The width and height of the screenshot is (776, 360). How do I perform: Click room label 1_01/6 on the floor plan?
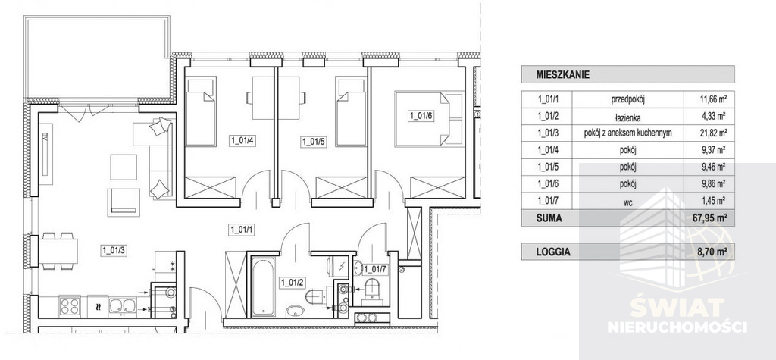[x=421, y=116]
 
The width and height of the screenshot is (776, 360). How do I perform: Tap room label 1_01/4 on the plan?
[x=242, y=140]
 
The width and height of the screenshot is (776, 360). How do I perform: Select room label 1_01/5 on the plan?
[x=313, y=140]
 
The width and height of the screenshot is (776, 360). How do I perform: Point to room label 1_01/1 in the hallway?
[x=241, y=228]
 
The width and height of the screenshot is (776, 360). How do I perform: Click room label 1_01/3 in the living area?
[x=115, y=247]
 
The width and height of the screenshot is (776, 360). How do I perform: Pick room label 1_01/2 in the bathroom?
[x=293, y=283]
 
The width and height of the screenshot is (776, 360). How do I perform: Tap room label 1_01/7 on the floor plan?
[x=376, y=268]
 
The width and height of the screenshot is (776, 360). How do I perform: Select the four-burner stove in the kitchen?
[x=70, y=306]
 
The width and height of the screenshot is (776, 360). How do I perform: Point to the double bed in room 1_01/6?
[x=429, y=117]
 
